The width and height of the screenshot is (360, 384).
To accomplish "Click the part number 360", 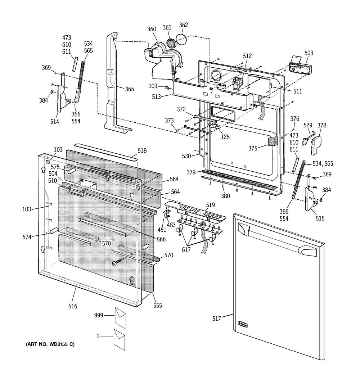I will pyautogui.click(x=152, y=29).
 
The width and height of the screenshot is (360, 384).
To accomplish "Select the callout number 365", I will pyautogui.click(x=129, y=89).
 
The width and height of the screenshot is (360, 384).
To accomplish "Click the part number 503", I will pyautogui.click(x=309, y=53).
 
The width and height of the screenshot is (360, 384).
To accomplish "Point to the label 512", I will pyautogui.click(x=247, y=56).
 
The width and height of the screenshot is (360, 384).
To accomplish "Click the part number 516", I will pyautogui.click(x=73, y=306).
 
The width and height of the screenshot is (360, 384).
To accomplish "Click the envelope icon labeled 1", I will pyautogui.click(x=120, y=339).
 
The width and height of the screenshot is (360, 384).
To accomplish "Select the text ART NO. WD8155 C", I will pyautogui.click(x=50, y=344).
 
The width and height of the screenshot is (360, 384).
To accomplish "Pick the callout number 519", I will pyautogui.click(x=210, y=205).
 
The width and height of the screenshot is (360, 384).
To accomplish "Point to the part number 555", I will pyautogui.click(x=157, y=306).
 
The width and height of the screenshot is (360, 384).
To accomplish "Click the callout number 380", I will pyautogui.click(x=225, y=196).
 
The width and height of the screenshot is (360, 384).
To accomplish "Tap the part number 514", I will pyautogui.click(x=54, y=122).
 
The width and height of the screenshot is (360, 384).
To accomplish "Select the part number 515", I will pyautogui.click(x=320, y=218).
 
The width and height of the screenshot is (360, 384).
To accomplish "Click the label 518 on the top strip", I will pyautogui.click(x=142, y=151).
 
